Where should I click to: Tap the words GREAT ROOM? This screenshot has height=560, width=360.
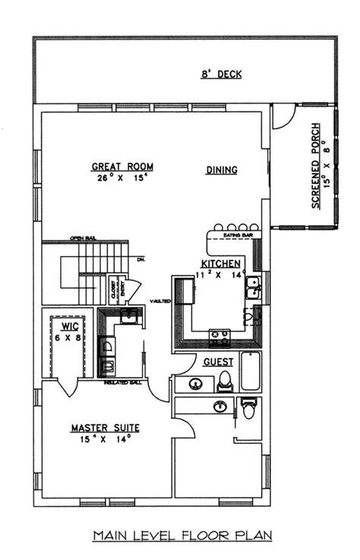pyautogui.click(x=122, y=166)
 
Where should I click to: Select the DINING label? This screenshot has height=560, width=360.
pyautogui.click(x=222, y=170)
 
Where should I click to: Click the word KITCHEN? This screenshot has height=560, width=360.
pyautogui.click(x=200, y=263)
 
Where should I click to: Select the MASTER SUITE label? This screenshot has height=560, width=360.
pyautogui.click(x=106, y=427)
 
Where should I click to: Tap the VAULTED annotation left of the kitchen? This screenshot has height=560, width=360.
pyautogui.click(x=160, y=300)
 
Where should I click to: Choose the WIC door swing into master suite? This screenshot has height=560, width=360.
pyautogui.click(x=68, y=388)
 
